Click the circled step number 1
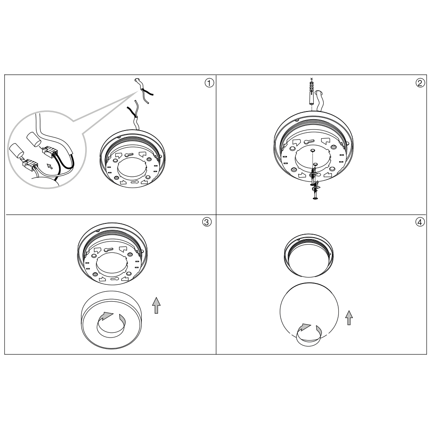209,83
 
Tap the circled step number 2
420,83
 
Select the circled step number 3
207,222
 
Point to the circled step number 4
420,222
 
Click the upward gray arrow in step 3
156,305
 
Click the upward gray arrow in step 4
349,318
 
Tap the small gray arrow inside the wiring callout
50,166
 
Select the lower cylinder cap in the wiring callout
17,151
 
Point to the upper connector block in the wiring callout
49,151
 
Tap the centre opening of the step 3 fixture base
112,264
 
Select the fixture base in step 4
309,255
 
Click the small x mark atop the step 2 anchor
311,79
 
